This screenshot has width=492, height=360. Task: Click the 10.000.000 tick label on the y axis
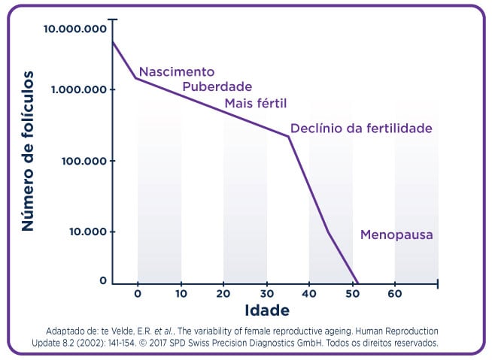click(74, 29)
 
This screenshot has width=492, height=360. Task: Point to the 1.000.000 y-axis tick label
click(77, 89)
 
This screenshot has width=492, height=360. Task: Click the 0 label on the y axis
click(104, 281)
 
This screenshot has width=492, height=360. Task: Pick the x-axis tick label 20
click(223, 293)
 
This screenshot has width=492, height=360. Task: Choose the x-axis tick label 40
click(309, 293)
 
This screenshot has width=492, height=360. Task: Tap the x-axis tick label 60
click(395, 293)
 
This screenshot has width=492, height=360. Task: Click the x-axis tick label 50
click(352, 293)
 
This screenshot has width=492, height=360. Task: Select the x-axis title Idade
click(267, 310)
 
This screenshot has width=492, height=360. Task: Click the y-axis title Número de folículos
click(28, 150)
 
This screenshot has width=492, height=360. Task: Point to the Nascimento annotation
click(177, 72)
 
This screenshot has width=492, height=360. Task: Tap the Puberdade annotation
click(217, 87)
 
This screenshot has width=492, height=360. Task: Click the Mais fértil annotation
click(256, 102)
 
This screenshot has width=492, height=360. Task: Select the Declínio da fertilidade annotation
click(361, 129)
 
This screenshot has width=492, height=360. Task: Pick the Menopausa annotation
click(396, 235)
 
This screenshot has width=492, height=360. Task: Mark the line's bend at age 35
click(289, 137)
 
